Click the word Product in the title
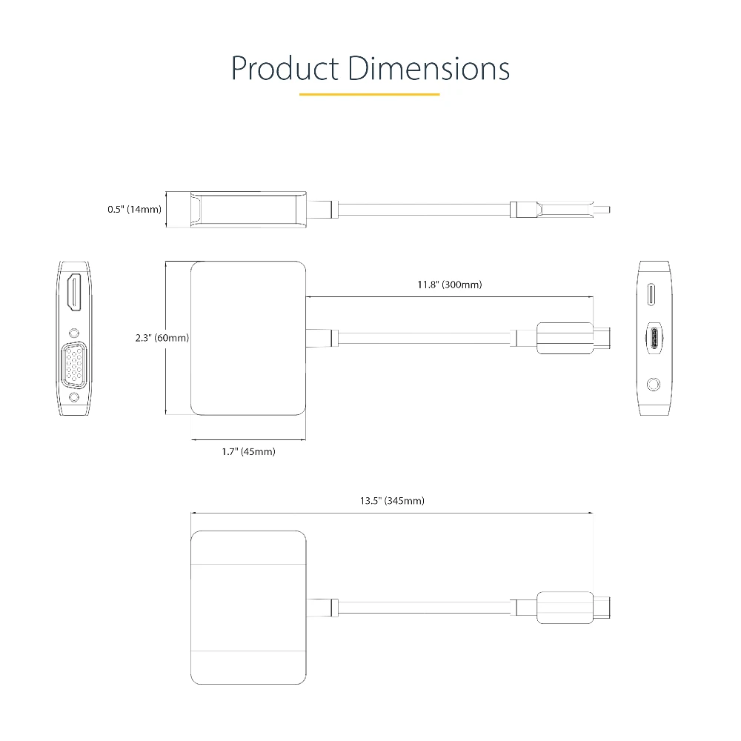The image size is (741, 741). (285, 68)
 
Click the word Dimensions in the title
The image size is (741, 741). (429, 68)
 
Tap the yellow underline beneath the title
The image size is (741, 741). (370, 95)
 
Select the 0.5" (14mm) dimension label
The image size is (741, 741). (134, 210)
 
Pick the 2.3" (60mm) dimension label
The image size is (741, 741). (162, 338)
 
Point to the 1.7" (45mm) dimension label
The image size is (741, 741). (248, 452)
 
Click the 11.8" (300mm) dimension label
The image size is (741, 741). (450, 285)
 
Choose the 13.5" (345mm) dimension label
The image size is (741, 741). (392, 501)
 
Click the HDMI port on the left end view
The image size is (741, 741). (74, 292)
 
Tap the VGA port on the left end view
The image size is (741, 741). (74, 365)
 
